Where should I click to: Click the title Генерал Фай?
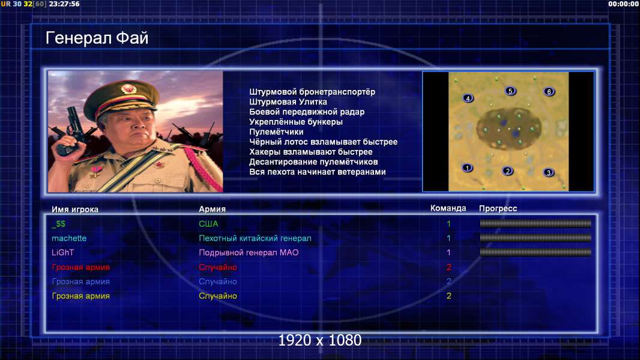(x=97, y=38)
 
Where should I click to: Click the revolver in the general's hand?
(x=70, y=130)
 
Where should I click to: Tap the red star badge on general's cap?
(x=128, y=88)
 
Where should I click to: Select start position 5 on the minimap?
(x=510, y=91)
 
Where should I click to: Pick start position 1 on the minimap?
(x=467, y=167)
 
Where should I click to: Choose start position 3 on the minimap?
(x=549, y=172)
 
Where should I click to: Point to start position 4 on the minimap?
(x=468, y=98)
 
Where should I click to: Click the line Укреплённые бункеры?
(x=296, y=122)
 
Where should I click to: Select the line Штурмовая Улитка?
(x=288, y=102)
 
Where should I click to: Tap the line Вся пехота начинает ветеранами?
(x=318, y=172)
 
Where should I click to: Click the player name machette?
(x=69, y=238)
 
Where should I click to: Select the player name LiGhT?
(x=62, y=253)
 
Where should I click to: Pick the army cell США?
(x=208, y=224)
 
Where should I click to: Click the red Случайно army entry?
(x=217, y=267)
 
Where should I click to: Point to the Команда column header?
(x=448, y=208)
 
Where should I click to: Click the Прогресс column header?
(x=498, y=209)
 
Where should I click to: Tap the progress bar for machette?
(x=536, y=238)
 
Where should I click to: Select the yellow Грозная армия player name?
(x=81, y=296)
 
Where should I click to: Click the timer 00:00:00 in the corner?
(x=623, y=4)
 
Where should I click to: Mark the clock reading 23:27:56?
(x=64, y=4)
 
